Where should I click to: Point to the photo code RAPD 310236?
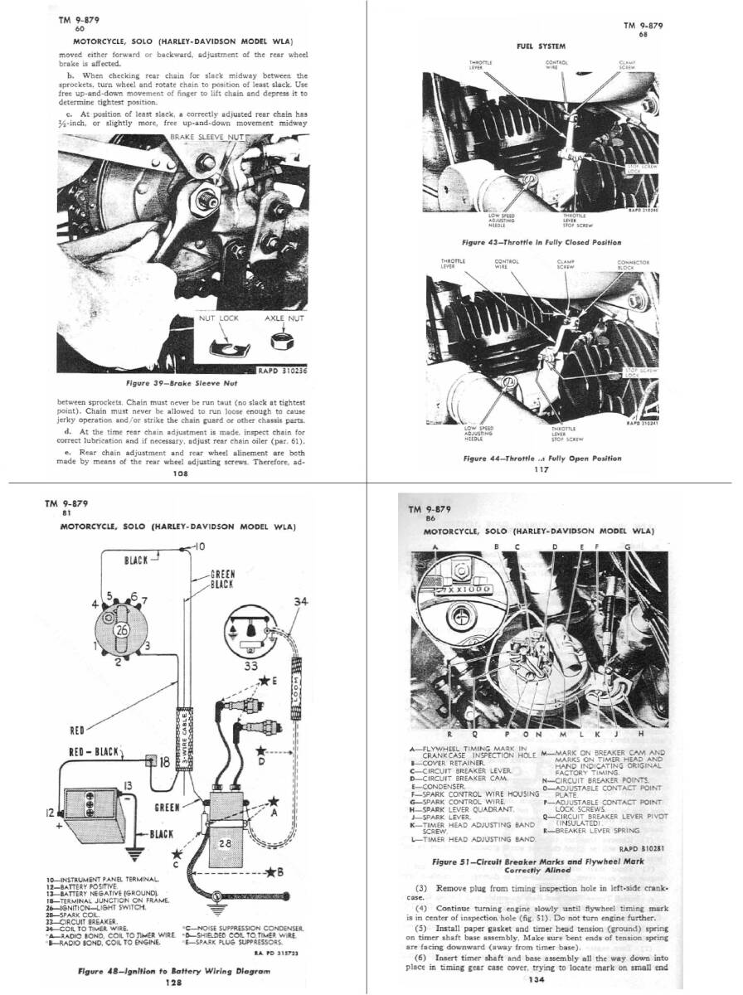(x=283, y=371)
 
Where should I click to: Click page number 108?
(x=180, y=475)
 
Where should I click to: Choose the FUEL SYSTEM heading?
(x=541, y=46)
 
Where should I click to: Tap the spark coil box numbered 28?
(x=224, y=844)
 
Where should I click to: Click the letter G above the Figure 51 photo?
(x=628, y=547)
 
